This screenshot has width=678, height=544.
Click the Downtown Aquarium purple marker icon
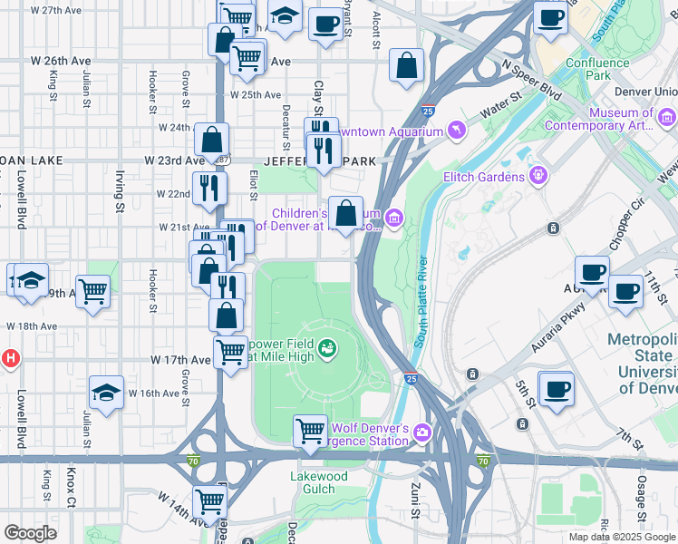[457, 132]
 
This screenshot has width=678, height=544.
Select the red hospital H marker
[9, 358]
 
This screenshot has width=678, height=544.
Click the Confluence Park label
[596, 70]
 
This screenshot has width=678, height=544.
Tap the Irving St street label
[119, 194]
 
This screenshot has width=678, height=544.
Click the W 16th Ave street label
[152, 393]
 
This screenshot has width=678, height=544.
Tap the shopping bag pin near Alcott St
[406, 65]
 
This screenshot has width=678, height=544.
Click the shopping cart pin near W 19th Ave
[92, 292]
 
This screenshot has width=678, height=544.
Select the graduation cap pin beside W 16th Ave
[106, 393]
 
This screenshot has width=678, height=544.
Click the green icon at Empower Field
[327, 345]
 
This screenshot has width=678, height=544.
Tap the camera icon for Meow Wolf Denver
[421, 433]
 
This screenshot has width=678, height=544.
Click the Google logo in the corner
[31, 533]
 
